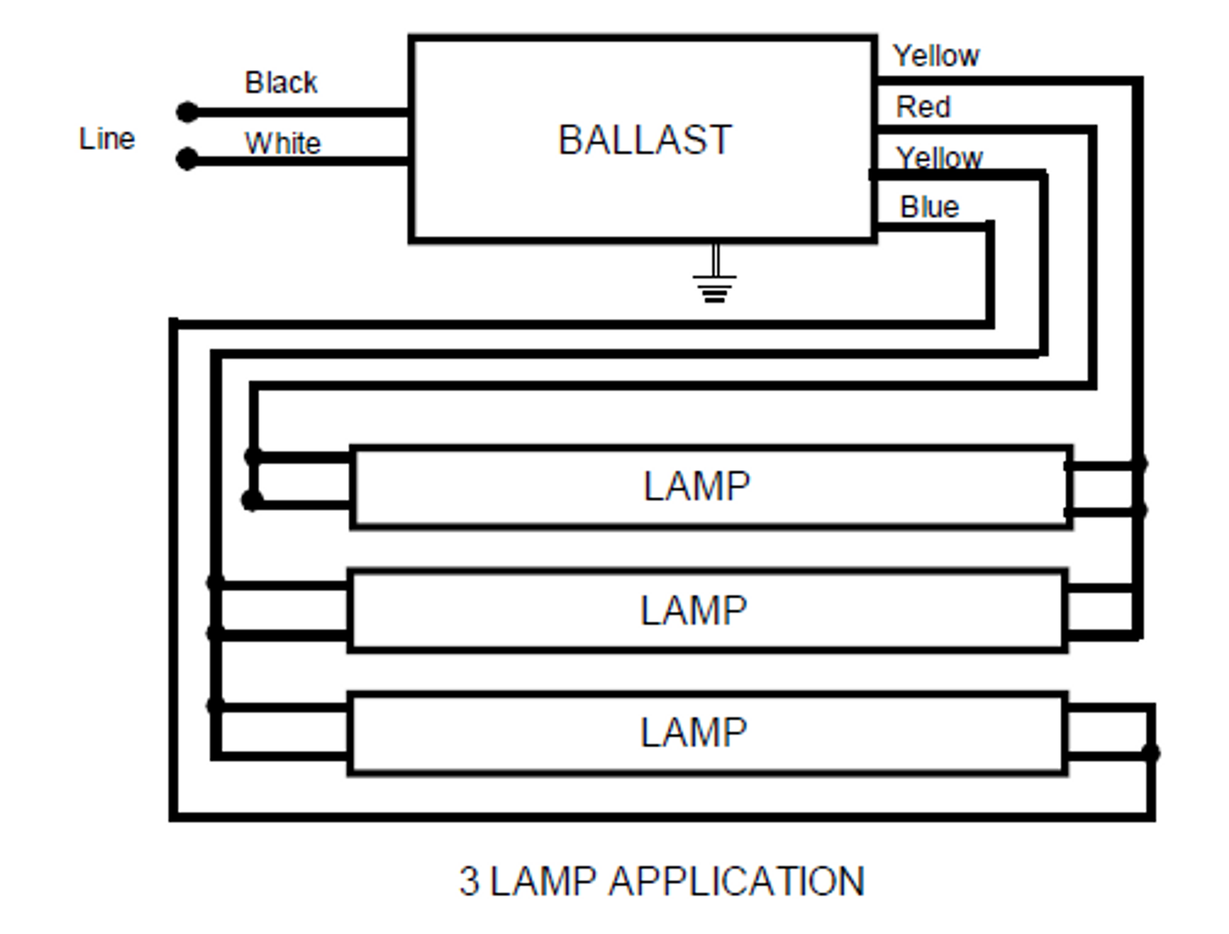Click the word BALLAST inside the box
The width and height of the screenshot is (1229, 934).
tap(645, 140)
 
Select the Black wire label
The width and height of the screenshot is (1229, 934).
tap(281, 83)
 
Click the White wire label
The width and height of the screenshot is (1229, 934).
tap(283, 144)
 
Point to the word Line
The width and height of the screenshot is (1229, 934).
tap(107, 139)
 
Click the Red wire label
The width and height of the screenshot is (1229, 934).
tap(923, 107)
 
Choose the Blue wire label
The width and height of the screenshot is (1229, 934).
tap(929, 207)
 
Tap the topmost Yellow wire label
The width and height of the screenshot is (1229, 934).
tap(936, 56)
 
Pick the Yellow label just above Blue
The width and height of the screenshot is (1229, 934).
tap(940, 158)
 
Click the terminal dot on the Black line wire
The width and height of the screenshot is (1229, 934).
tap(187, 112)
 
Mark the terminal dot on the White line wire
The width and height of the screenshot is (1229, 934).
tap(187, 159)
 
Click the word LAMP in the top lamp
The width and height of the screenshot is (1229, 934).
tap(697, 486)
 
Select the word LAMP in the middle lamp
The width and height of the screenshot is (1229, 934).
tap(694, 610)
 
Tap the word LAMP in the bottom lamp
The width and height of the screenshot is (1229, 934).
tap(694, 733)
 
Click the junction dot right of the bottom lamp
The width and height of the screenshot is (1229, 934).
tap(1151, 753)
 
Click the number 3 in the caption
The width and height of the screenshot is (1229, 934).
tap(469, 882)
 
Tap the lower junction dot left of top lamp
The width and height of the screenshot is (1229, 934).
tap(252, 500)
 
